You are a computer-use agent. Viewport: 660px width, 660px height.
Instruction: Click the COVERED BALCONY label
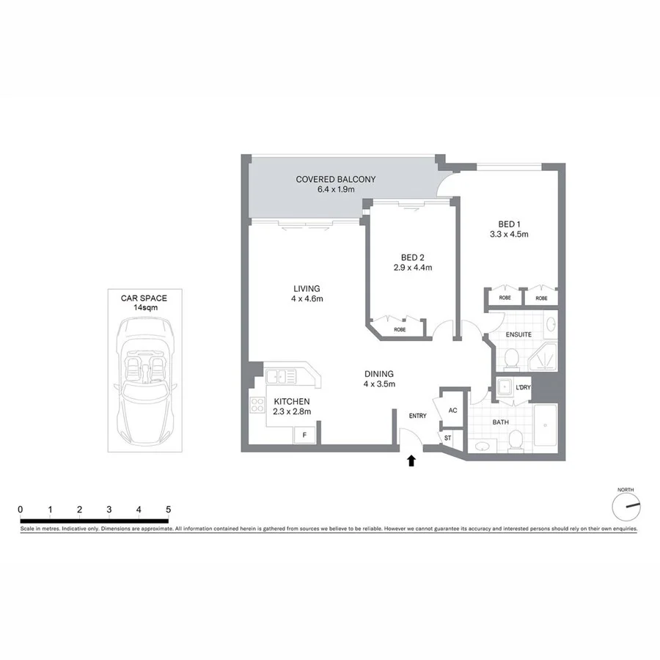(x=335, y=179)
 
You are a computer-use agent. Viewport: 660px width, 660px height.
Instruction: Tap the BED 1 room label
(x=509, y=224)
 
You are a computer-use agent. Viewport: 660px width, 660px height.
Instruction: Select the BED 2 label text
(x=412, y=257)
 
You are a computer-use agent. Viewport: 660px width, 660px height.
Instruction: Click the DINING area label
(x=379, y=373)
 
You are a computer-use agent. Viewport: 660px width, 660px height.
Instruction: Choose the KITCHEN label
(x=292, y=402)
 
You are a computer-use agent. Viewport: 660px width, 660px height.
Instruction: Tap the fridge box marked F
(x=304, y=435)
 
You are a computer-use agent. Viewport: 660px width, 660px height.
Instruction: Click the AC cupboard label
(x=452, y=410)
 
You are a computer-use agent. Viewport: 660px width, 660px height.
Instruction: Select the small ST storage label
(x=448, y=438)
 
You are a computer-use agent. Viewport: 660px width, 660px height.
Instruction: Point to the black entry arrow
(x=411, y=461)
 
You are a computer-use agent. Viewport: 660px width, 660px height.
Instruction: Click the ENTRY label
(x=417, y=417)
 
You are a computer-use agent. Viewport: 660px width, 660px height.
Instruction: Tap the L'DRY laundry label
(x=523, y=387)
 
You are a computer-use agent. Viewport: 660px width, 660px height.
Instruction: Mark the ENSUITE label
(x=518, y=334)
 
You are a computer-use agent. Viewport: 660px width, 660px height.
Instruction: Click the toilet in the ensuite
(x=511, y=358)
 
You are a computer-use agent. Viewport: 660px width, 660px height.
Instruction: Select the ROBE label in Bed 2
(x=400, y=330)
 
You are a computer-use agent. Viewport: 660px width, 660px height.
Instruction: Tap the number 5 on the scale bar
(x=168, y=509)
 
